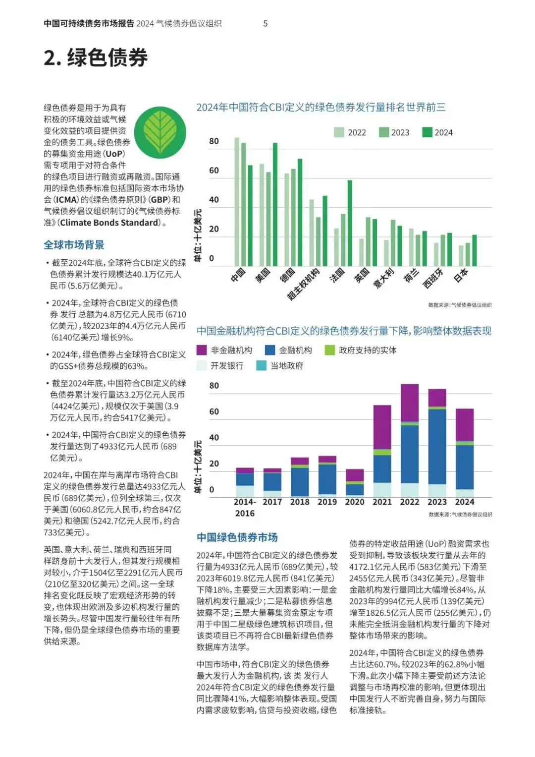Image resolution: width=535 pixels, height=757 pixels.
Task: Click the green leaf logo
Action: click(x=160, y=132)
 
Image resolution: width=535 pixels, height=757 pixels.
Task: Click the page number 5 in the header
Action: click(x=266, y=23)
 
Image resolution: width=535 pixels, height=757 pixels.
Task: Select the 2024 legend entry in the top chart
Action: click(x=437, y=132)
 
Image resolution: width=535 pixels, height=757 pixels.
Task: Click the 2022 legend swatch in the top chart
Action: click(x=339, y=132)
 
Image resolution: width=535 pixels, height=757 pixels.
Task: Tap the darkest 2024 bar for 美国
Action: click(x=275, y=204)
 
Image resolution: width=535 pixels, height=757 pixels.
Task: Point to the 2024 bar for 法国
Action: click(x=350, y=223)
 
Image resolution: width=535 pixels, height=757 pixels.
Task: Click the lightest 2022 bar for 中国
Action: click(x=237, y=201)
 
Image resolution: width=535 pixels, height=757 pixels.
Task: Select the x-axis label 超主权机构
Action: click(x=304, y=284)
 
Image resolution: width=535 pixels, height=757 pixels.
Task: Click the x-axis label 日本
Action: click(x=461, y=275)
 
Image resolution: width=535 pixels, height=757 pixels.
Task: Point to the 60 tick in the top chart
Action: click(x=214, y=171)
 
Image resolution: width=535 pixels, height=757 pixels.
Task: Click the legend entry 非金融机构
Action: click(x=225, y=350)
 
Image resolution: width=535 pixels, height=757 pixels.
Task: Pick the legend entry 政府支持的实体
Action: click(x=361, y=350)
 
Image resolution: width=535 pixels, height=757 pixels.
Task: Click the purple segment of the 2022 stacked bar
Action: click(x=410, y=403)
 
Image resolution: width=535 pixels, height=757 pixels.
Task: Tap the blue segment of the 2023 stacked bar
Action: click(x=437, y=446)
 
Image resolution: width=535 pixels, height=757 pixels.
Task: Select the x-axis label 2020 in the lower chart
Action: click(x=355, y=502)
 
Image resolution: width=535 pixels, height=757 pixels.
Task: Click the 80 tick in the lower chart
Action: click(x=214, y=386)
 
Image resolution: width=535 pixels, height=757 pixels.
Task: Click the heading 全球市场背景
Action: click(x=74, y=245)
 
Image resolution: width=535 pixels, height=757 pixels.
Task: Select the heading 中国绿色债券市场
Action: click(x=237, y=537)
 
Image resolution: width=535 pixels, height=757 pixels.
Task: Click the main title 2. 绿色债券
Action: click(x=96, y=58)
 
